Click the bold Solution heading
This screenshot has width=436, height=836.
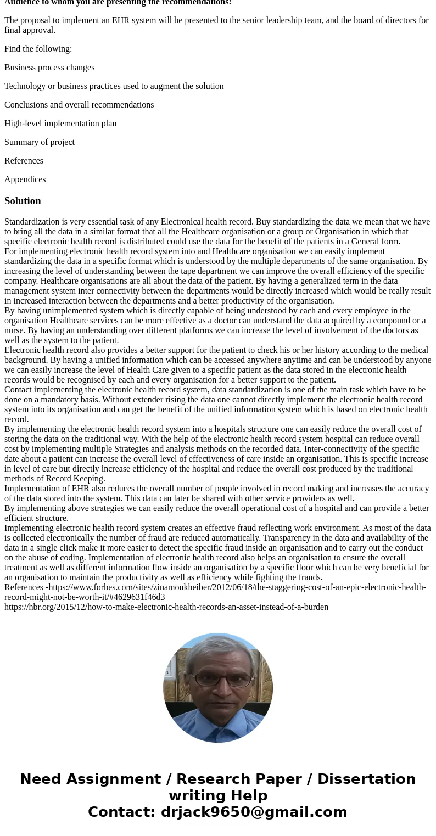click(23, 201)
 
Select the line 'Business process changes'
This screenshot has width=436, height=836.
click(49, 68)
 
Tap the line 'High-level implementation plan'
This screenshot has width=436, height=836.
click(60, 124)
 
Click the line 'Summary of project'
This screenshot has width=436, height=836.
click(40, 142)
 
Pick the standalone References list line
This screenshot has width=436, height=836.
click(24, 161)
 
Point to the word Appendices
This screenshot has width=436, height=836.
click(25, 179)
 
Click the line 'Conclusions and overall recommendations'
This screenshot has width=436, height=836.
click(79, 105)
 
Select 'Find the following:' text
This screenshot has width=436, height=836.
click(38, 49)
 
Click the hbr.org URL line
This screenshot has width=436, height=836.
click(166, 607)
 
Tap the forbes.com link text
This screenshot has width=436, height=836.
click(236, 587)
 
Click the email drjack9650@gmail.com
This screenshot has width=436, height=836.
click(254, 812)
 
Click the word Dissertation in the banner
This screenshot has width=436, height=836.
click(366, 779)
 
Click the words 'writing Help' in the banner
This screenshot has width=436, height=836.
click(218, 795)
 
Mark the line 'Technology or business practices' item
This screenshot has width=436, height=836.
click(114, 86)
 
